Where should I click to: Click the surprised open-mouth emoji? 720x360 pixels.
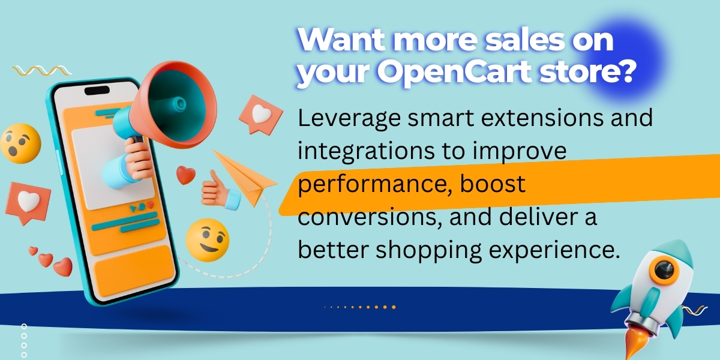(20, 143)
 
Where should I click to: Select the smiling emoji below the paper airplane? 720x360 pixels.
(207, 239)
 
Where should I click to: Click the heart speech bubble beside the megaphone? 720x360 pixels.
(260, 114)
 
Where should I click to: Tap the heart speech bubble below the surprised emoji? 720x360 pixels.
(27, 202)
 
